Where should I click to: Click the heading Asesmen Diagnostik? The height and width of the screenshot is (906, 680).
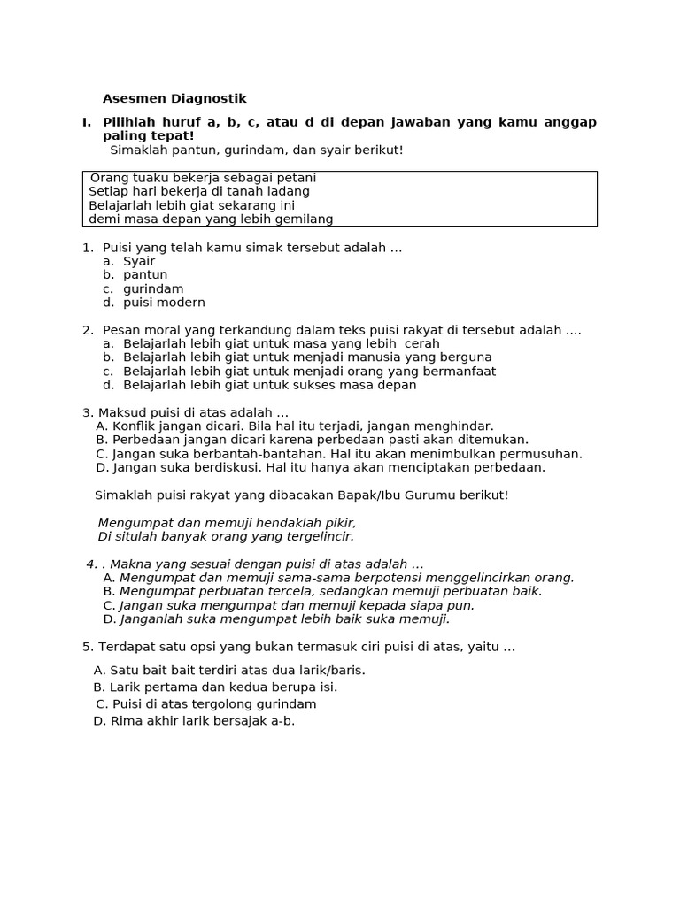[174, 99]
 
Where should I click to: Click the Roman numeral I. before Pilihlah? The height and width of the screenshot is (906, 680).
[87, 122]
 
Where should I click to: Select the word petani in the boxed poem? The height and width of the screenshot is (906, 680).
[296, 178]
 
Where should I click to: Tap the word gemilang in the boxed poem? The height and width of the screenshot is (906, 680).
[305, 219]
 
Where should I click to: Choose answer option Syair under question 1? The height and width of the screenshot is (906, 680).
[139, 261]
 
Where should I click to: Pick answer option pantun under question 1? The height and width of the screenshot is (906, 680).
[145, 275]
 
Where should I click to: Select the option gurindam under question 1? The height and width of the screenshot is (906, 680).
[153, 288]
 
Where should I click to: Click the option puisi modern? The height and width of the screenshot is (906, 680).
[164, 303]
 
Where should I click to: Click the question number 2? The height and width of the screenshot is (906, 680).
[88, 330]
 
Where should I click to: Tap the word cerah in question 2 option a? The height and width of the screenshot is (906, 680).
[421, 343]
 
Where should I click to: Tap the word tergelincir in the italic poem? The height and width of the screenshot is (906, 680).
[320, 536]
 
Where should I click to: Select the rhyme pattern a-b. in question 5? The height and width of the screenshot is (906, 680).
[282, 721]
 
